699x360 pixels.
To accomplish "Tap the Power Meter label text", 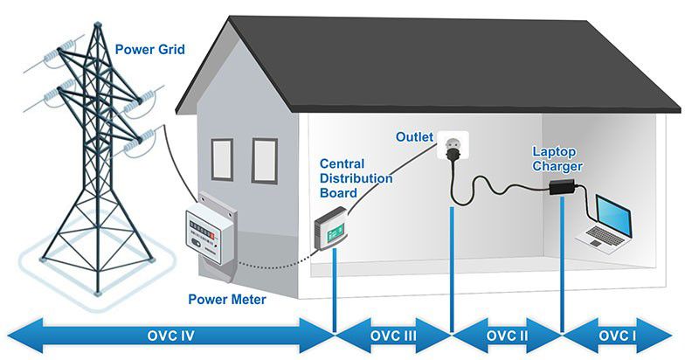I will [x=227, y=300].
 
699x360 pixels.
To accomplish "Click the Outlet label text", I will [x=415, y=137].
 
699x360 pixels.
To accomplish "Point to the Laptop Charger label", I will [x=557, y=158].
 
